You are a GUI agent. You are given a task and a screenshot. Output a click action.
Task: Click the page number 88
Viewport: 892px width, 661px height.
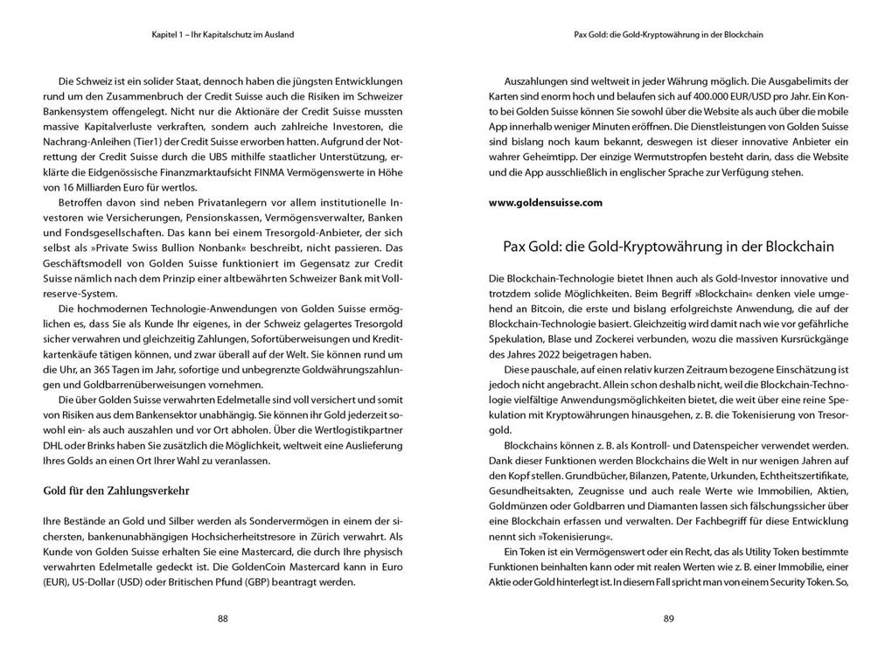coord(222,619)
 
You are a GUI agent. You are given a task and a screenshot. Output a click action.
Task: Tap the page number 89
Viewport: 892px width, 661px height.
coord(668,619)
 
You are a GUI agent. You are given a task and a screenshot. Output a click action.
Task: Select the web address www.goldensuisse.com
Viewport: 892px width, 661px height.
coord(545,203)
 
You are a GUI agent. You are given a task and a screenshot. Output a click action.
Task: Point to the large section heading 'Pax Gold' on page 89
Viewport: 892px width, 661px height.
coord(668,247)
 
